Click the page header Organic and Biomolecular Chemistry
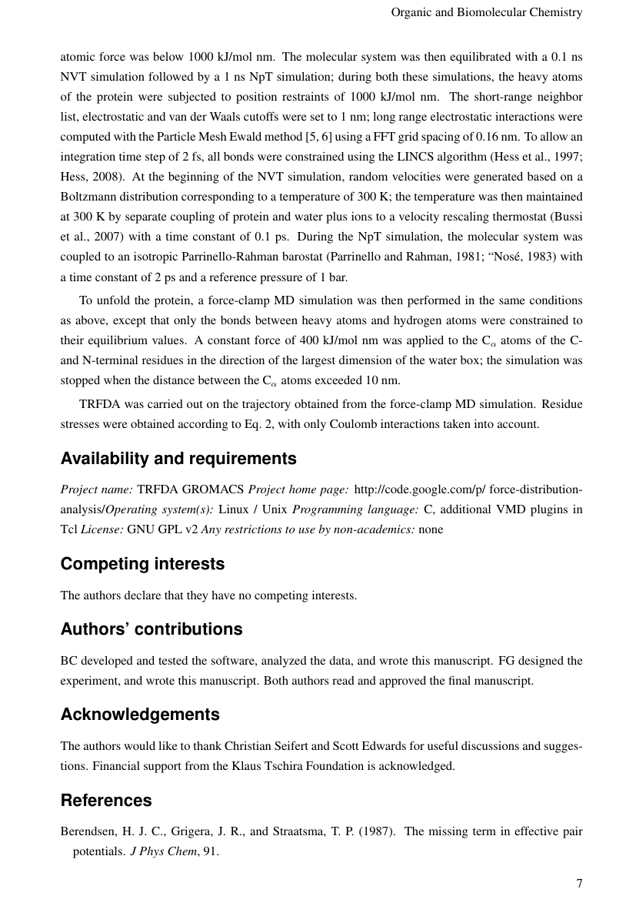(486, 12)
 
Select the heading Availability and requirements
(178, 459)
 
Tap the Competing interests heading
(142, 564)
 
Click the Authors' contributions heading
(151, 629)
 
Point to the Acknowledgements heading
(139, 715)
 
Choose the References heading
(105, 801)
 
